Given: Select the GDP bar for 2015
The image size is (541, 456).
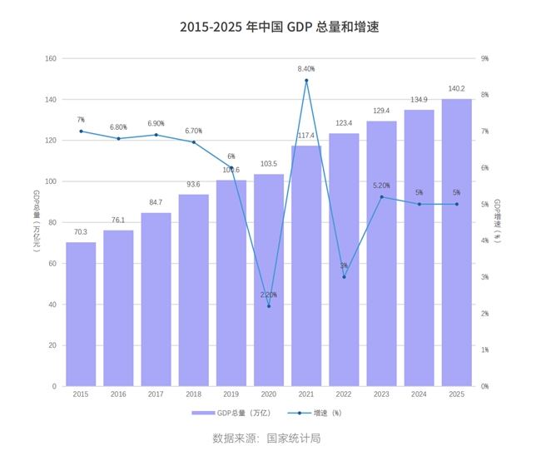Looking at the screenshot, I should [x=81, y=314].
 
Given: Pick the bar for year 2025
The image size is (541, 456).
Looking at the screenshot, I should [x=456, y=242].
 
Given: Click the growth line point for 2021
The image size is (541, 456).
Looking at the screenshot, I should [x=306, y=81].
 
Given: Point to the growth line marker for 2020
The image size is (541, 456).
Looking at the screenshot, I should [x=269, y=306].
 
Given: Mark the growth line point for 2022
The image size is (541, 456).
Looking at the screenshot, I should [x=344, y=277].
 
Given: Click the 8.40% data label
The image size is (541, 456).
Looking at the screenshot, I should [x=306, y=69].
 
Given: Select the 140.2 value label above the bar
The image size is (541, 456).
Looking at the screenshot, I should [x=456, y=88].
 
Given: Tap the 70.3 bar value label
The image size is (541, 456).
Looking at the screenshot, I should [x=81, y=231].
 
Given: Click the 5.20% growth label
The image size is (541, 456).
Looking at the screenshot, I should [x=381, y=186].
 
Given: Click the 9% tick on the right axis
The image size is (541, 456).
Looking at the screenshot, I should [x=485, y=58].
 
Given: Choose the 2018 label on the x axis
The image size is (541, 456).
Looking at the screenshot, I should [x=193, y=394].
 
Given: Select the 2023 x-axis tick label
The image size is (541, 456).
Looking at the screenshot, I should [x=381, y=394].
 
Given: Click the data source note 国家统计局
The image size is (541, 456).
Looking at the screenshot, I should [x=266, y=438].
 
